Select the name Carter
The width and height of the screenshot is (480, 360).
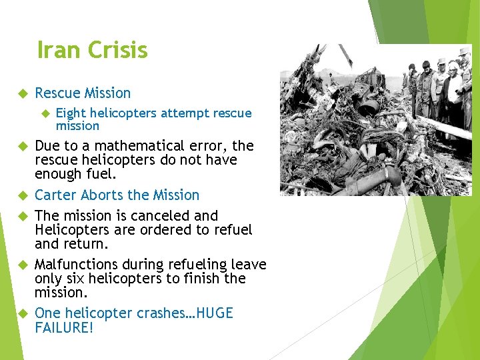click(55, 195)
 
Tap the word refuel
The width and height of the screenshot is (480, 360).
click(229, 230)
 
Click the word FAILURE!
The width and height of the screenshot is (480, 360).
click(64, 328)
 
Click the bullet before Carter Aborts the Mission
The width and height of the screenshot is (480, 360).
click(21, 196)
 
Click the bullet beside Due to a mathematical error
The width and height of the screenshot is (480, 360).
click(21, 146)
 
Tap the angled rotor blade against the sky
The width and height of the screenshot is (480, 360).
click(345, 57)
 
